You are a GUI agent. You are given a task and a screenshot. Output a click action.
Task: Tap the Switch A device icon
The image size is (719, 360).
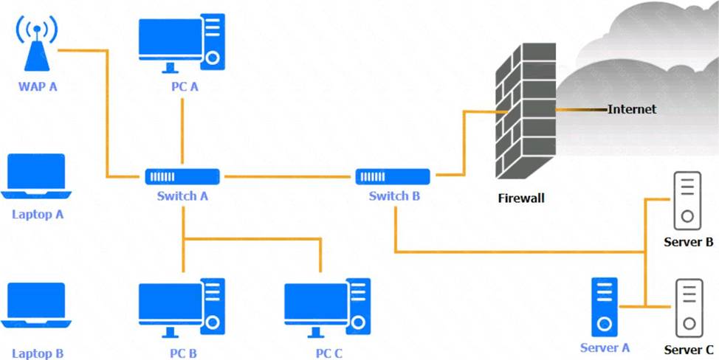coord(182,176)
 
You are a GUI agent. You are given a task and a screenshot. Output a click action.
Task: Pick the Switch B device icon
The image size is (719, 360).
coord(393,176)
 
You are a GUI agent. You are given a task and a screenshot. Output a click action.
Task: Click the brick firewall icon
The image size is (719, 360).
coord(525,115)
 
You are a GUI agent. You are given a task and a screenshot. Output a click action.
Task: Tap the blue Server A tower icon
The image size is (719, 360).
coord(605,305)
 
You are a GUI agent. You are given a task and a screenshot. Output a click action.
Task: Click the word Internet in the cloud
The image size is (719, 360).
coord(632,109)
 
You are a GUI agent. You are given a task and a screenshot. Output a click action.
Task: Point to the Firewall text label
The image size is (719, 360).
coord(521,198)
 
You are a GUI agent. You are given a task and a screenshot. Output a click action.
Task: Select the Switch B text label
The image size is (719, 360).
coord(394,196)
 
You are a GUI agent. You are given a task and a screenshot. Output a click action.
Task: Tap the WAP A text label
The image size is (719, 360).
coord(38,86)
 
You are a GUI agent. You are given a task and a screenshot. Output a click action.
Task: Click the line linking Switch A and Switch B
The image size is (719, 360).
coord(288,177)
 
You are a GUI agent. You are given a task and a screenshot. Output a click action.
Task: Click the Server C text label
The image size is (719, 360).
coord(688,349)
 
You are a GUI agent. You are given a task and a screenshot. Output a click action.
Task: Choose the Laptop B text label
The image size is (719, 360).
coord(38,353)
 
